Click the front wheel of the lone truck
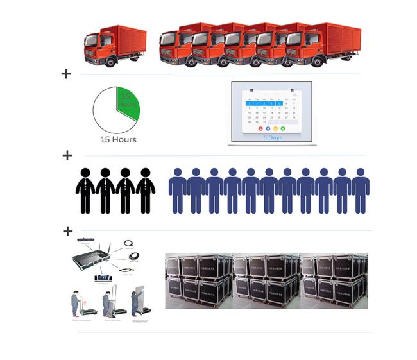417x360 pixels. (112, 62)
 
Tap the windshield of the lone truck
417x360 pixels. (94, 40)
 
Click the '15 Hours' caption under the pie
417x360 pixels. (118, 139)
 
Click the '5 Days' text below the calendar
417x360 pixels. (272, 137)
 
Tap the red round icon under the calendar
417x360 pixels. (260, 128)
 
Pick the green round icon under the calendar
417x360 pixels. (282, 128)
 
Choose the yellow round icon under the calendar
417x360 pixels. (275, 128)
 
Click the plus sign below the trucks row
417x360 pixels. (66, 74)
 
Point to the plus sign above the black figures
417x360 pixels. (67, 155)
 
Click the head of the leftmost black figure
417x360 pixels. (85, 173)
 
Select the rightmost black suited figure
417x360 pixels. (146, 191)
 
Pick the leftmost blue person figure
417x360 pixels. (178, 191)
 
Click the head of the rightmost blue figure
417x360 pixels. (361, 173)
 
